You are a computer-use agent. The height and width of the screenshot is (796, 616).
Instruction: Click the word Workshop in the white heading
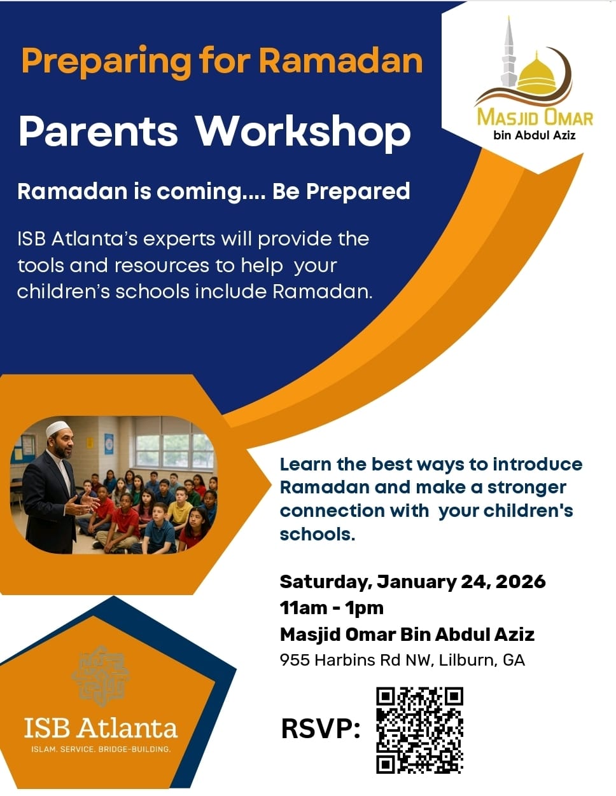click(302, 132)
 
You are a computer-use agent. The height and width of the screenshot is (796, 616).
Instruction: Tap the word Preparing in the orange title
click(106, 62)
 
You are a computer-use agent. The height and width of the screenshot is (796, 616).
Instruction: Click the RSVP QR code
click(419, 730)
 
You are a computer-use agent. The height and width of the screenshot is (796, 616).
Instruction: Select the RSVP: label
click(321, 729)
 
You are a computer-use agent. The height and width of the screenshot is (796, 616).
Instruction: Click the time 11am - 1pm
click(332, 608)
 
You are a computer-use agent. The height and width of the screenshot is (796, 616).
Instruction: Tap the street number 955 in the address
click(294, 660)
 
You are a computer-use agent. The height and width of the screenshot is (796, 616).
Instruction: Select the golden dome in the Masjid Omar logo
click(536, 76)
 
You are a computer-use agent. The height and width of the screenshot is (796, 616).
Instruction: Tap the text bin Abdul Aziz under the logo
click(535, 135)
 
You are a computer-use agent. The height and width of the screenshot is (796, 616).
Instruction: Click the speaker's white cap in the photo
click(57, 429)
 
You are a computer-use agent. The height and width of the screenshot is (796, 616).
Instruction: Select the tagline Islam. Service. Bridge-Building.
click(101, 749)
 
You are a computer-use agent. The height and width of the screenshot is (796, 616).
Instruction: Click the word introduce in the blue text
click(538, 464)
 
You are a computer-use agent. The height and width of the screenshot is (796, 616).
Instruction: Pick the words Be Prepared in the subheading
click(341, 191)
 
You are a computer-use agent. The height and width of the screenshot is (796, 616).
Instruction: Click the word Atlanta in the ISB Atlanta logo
click(129, 728)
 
